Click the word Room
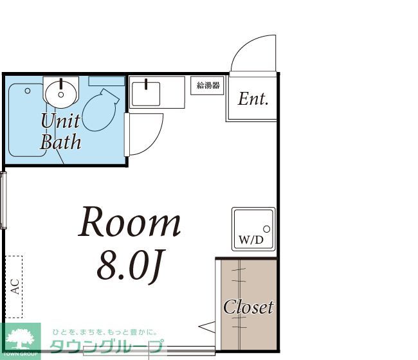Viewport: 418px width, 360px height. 130,223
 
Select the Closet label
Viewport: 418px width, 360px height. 248,307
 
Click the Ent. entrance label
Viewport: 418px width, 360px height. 253,99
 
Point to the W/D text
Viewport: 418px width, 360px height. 251,240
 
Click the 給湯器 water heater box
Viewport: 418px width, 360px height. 207,85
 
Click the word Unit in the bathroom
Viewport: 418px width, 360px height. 60,120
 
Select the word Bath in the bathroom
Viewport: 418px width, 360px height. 60,141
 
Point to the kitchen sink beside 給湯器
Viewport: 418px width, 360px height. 149,92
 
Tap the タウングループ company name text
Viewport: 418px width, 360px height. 107,348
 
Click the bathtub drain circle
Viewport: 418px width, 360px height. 28,91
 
